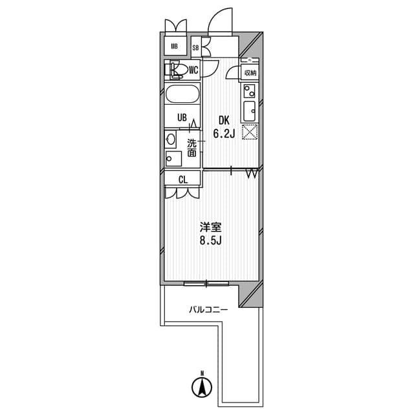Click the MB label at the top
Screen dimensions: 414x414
175,46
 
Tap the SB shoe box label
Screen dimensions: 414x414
195,47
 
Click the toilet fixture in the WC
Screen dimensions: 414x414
177,69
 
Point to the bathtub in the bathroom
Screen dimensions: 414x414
182,94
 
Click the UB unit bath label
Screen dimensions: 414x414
182,118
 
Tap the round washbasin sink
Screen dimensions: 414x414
170,138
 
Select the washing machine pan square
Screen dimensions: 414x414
173,158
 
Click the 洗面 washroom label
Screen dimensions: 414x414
192,148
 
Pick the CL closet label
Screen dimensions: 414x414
183,180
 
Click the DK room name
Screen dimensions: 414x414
223,120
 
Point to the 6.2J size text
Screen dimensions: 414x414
223,135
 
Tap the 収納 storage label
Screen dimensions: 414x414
250,73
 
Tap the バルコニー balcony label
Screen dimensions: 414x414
208,310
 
